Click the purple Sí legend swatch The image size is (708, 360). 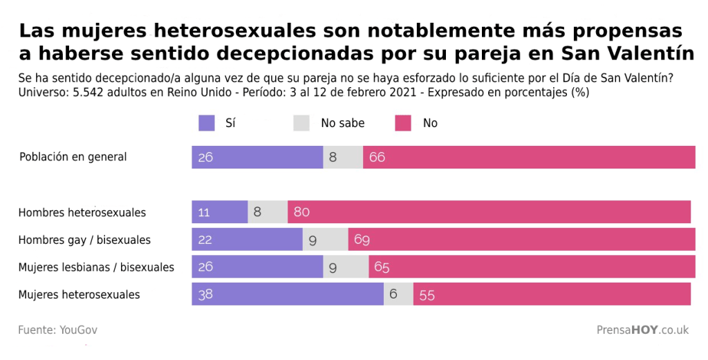coord(207,123)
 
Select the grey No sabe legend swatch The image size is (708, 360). coord(302,123)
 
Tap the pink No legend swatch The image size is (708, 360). coord(404,123)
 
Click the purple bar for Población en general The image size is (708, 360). coord(257,158)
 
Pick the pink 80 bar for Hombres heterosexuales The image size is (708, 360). coord(489,212)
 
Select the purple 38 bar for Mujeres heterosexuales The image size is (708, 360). coord(288,294)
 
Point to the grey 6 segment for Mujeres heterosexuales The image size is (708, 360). coord(398,294)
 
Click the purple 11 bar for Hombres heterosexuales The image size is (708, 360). coord(220,212)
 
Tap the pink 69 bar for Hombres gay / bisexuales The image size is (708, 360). coord(521,240)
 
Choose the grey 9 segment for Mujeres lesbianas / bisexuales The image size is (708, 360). coord(346,267)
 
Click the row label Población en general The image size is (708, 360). coord(73,157)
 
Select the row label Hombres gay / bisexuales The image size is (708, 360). coord(84,240)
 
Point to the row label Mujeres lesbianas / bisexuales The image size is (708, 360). coord(96,267)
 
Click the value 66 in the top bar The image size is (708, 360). coord(377,158)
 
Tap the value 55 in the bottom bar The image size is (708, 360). coord(427,295)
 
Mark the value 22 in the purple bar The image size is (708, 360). coord(205,240)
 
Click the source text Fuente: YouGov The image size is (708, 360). coord(57,330)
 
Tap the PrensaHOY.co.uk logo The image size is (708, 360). coord(642,330)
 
